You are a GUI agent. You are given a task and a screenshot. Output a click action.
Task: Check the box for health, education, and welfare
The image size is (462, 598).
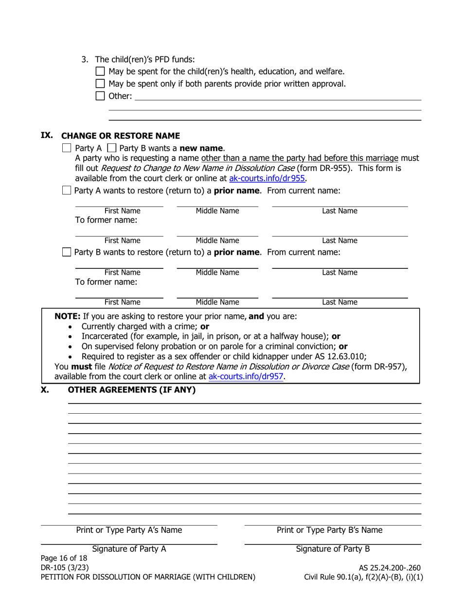pos(100,71)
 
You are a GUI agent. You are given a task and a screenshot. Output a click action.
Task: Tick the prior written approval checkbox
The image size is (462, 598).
pos(100,84)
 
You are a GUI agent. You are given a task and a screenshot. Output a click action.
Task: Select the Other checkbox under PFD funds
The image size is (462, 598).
pos(100,96)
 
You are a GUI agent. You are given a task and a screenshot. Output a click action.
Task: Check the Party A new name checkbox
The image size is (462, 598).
pos(67,148)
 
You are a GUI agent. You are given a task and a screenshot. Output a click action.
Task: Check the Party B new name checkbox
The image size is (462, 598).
pos(111,148)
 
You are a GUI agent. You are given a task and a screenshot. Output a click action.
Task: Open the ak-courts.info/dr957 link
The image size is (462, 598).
pos(246,376)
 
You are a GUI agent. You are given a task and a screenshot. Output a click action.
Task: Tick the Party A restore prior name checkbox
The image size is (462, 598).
pos(67,191)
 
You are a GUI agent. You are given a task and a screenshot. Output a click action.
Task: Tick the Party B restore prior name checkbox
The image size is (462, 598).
pos(67,252)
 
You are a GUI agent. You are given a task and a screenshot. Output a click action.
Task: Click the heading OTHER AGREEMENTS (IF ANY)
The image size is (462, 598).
pos(131,389)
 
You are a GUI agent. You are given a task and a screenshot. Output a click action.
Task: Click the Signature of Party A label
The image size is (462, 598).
pos(129,549)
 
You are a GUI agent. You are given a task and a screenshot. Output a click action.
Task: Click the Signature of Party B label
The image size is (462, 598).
pos(333,549)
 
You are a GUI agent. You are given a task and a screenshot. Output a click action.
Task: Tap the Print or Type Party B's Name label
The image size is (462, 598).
pos(329,530)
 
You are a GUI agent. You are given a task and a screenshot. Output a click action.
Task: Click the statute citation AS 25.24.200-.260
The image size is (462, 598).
pos(390,568)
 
